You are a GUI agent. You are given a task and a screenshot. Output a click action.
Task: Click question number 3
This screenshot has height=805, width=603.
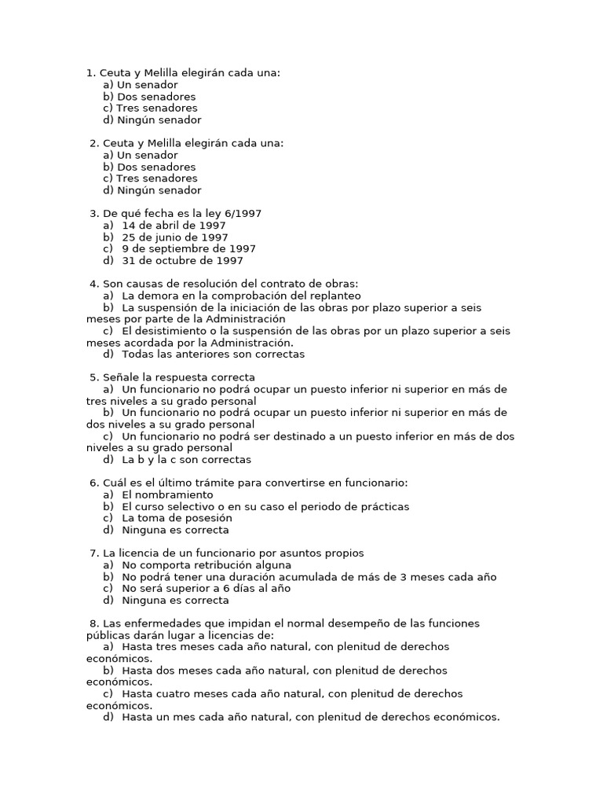point(94,214)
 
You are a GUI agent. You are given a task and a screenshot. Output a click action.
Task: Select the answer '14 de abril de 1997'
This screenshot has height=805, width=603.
point(174,226)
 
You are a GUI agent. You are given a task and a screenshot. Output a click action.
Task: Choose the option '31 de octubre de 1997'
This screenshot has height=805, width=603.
point(182,260)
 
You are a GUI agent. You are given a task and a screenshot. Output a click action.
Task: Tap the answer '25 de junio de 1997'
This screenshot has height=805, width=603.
point(175,237)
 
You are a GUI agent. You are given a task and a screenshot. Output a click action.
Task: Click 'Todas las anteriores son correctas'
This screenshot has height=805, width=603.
point(213,354)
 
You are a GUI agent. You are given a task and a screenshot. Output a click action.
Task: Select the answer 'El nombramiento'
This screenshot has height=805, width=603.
point(167,495)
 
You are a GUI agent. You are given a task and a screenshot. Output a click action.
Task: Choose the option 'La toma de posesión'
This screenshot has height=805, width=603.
point(177,518)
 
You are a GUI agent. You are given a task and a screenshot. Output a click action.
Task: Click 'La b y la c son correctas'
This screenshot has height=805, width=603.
point(186,459)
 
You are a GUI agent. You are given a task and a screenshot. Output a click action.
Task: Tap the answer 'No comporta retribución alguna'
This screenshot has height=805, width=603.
point(206,564)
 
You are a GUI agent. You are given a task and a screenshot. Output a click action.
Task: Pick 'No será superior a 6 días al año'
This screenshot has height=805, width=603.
point(206,588)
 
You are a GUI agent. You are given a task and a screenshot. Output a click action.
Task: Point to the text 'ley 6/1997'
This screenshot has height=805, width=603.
point(235,214)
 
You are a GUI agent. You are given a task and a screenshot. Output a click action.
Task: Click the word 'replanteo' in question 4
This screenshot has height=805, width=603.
point(336,296)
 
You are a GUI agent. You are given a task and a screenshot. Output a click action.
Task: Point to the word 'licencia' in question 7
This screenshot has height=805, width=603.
point(144,553)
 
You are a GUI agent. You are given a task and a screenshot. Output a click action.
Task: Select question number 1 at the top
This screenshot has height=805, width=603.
point(90,73)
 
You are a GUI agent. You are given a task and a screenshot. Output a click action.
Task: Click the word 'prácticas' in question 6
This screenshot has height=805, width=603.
point(384,507)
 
